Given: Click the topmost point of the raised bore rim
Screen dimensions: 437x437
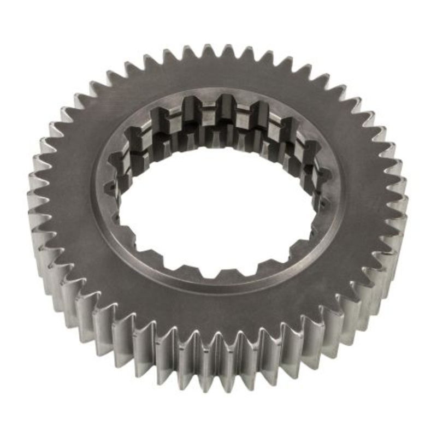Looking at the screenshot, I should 218,91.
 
